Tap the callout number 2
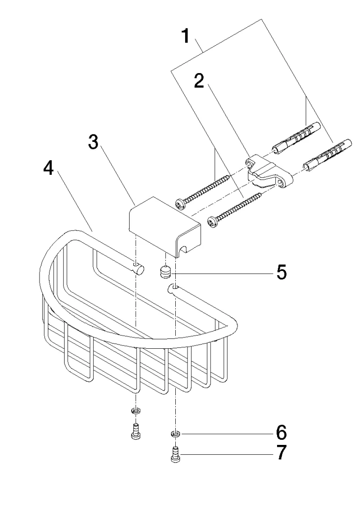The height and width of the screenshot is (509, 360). coord(199,81)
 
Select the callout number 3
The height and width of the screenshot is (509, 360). coord(94,142)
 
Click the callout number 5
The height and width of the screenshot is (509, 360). coord(281,272)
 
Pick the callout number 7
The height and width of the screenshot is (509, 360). coord(281,453)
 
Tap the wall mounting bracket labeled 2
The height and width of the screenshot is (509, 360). coord(266,172)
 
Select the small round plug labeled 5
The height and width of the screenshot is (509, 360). coord(165,272)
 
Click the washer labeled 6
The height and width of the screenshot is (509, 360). coord(175,433)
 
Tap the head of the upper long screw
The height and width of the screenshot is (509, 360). coord(180,203)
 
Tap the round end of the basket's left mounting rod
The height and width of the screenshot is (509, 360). coord(138,269)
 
